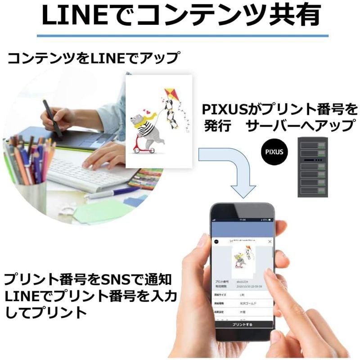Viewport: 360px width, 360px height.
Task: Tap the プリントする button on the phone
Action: (x=243, y=324)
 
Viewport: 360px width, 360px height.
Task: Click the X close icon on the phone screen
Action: (x=270, y=242)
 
